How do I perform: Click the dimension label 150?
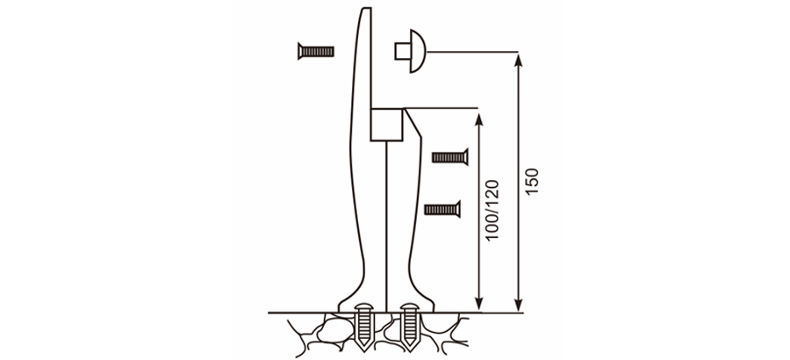click(533, 182)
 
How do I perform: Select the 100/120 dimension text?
click(492, 211)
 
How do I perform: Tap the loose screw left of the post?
click(315, 51)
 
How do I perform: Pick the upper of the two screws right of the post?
click(449, 156)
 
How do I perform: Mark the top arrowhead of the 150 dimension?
click(519, 58)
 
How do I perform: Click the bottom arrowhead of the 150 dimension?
click(519, 306)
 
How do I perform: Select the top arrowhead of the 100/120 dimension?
click(478, 115)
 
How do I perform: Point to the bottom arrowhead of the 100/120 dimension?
click(478, 306)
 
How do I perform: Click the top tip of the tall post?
click(363, 8)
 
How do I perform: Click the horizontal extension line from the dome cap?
click(474, 51)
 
